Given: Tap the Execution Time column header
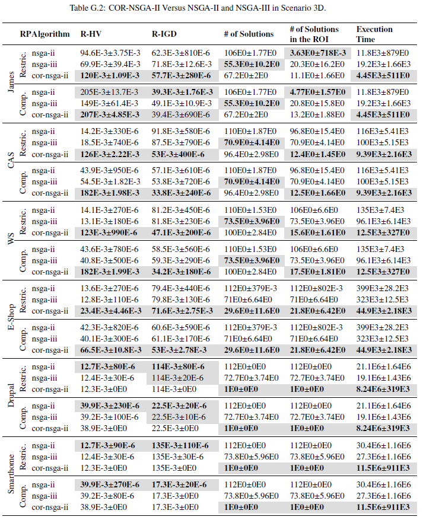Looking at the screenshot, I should pyautogui.click(x=374, y=34).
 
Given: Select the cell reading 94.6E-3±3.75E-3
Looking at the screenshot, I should pyautogui.click(x=111, y=53).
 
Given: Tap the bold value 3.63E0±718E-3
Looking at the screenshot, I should pyautogui.click(x=317, y=53).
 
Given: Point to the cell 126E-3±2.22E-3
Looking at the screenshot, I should pyautogui.click(x=111, y=154).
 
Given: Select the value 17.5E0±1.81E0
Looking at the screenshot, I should pyautogui.click(x=317, y=272).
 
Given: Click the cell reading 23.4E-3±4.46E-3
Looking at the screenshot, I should pyautogui.click(x=111, y=311).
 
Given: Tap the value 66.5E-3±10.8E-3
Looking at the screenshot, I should pyautogui.click(x=111, y=349).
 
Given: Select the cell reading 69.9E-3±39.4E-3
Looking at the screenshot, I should pyautogui.click(x=111, y=63).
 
